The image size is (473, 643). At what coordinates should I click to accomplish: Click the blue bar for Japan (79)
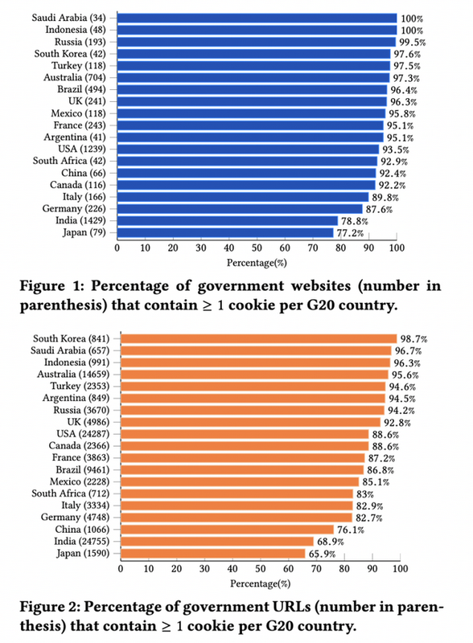pos(225,232)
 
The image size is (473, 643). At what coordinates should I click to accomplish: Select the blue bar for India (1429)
pos(227,220)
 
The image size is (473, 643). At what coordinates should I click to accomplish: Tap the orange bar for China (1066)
pos(227,530)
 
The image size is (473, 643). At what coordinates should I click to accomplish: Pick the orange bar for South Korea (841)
pos(259,338)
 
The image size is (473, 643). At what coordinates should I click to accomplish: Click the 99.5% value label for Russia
pos(412,43)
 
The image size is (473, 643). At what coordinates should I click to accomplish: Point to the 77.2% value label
pos(350,233)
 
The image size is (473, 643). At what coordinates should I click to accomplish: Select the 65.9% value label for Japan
pos(322,554)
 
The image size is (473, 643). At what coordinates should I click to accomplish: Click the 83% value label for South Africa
pos(365,494)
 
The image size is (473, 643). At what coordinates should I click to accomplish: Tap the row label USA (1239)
pos(82,149)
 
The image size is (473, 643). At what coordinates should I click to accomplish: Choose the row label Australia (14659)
pos(73,375)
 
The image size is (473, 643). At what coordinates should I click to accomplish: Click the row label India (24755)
pos(82,541)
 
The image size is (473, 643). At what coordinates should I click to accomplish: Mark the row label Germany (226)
pos(74,209)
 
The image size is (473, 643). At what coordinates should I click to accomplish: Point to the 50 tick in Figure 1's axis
pos(257,248)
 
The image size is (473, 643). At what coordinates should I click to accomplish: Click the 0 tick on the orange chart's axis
pos(121,568)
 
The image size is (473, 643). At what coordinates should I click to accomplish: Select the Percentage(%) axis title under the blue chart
pos(257,263)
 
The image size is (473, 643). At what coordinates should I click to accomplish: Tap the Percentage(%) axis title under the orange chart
pos(261,584)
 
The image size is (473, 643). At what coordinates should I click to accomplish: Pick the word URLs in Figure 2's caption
pos(291,607)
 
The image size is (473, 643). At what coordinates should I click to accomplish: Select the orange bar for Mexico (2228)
pos(240,481)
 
